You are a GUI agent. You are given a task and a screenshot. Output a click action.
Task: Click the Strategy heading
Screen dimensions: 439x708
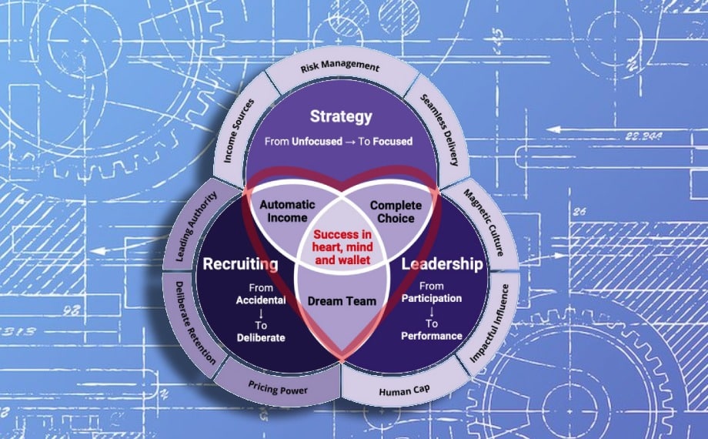point(341,117)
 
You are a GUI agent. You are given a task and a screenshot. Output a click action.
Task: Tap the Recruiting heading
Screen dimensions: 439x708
point(239,265)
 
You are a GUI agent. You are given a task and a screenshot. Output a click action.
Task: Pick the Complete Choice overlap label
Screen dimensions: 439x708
point(396,212)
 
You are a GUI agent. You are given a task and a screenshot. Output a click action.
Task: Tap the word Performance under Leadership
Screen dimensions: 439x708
point(432,336)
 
